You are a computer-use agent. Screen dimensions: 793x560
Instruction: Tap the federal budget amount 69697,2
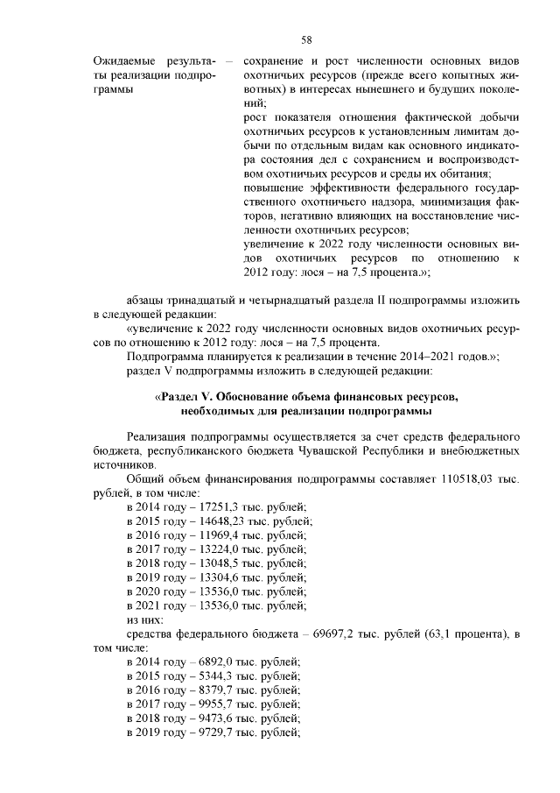pos(327,633)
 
